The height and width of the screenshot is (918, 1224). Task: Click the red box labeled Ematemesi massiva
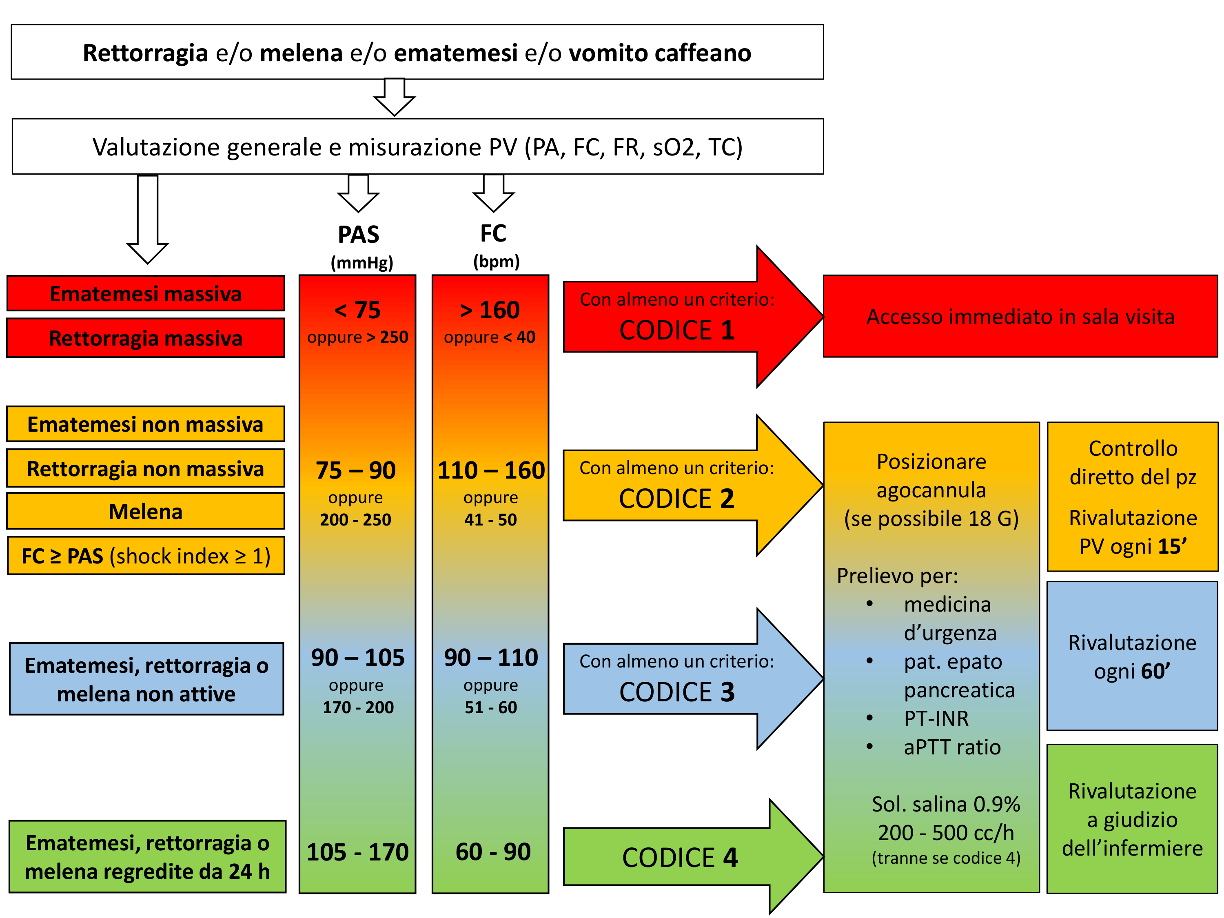click(x=146, y=294)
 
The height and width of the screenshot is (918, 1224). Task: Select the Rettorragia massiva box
click(x=146, y=338)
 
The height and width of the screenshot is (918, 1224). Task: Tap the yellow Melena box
click(x=146, y=511)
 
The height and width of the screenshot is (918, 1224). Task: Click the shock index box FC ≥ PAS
click(x=146, y=556)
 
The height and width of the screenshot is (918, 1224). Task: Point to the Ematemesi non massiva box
click(x=146, y=424)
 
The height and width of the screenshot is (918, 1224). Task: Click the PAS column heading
click(x=359, y=235)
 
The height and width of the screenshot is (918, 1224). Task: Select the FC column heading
click(x=493, y=233)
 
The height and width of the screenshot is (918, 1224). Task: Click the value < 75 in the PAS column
click(x=357, y=310)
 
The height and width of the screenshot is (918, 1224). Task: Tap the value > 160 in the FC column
click(x=490, y=310)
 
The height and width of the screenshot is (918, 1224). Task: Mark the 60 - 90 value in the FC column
click(x=493, y=851)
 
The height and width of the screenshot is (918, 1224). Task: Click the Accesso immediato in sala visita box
click(x=1020, y=317)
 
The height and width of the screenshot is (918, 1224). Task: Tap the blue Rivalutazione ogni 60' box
click(x=1132, y=656)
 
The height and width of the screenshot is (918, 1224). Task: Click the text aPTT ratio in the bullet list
click(x=952, y=747)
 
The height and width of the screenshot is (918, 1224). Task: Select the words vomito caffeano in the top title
click(x=660, y=53)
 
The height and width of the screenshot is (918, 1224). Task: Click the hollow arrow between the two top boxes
click(x=395, y=97)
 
